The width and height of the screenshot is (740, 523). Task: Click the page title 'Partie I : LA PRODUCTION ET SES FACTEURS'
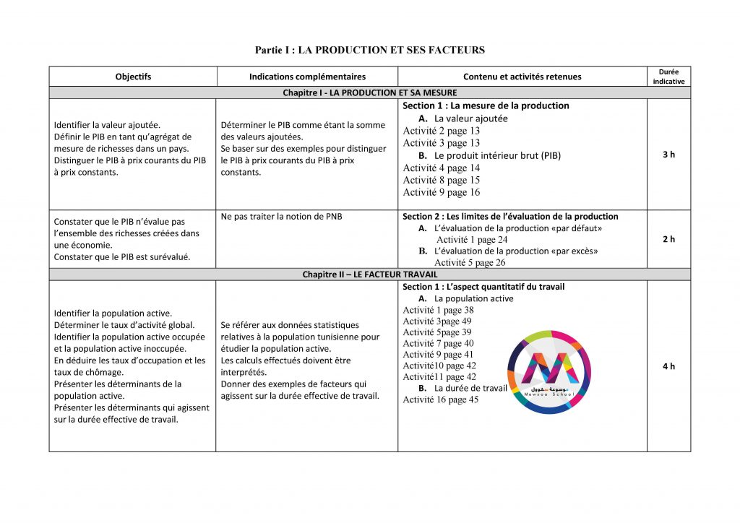pyautogui.click(x=369, y=50)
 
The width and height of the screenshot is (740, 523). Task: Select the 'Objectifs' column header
pyautogui.click(x=133, y=77)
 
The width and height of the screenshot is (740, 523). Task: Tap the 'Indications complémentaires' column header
pyautogui.click(x=307, y=77)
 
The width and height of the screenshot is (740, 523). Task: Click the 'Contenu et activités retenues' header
pyautogui.click(x=522, y=77)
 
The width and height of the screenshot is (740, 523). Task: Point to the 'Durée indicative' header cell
pyautogui.click(x=668, y=77)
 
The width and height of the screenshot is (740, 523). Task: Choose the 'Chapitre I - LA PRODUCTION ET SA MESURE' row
pyautogui.click(x=369, y=92)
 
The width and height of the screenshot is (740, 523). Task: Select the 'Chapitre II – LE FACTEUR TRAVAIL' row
pyautogui.click(x=369, y=275)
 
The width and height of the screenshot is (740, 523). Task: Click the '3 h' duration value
pyautogui.click(x=668, y=155)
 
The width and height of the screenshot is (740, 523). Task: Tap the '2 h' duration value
pyautogui.click(x=668, y=239)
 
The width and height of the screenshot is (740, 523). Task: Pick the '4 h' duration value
pyautogui.click(x=668, y=366)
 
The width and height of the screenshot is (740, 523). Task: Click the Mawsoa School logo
pyautogui.click(x=549, y=372)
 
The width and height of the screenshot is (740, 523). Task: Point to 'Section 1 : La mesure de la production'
pyautogui.click(x=486, y=105)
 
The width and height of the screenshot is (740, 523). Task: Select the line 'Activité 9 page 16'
pyautogui.click(x=441, y=192)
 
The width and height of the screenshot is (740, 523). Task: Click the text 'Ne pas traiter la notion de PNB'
pyautogui.click(x=281, y=216)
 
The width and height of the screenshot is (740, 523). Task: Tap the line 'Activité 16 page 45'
pyautogui.click(x=440, y=399)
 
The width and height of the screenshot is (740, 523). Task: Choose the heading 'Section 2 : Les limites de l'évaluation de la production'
pyautogui.click(x=510, y=216)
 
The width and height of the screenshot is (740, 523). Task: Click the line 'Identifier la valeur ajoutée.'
pyautogui.click(x=107, y=125)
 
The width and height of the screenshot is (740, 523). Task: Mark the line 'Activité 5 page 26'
pyautogui.click(x=470, y=262)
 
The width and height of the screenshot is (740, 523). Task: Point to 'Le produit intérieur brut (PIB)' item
pyautogui.click(x=497, y=155)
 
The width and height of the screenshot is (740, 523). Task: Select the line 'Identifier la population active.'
pyautogui.click(x=113, y=313)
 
